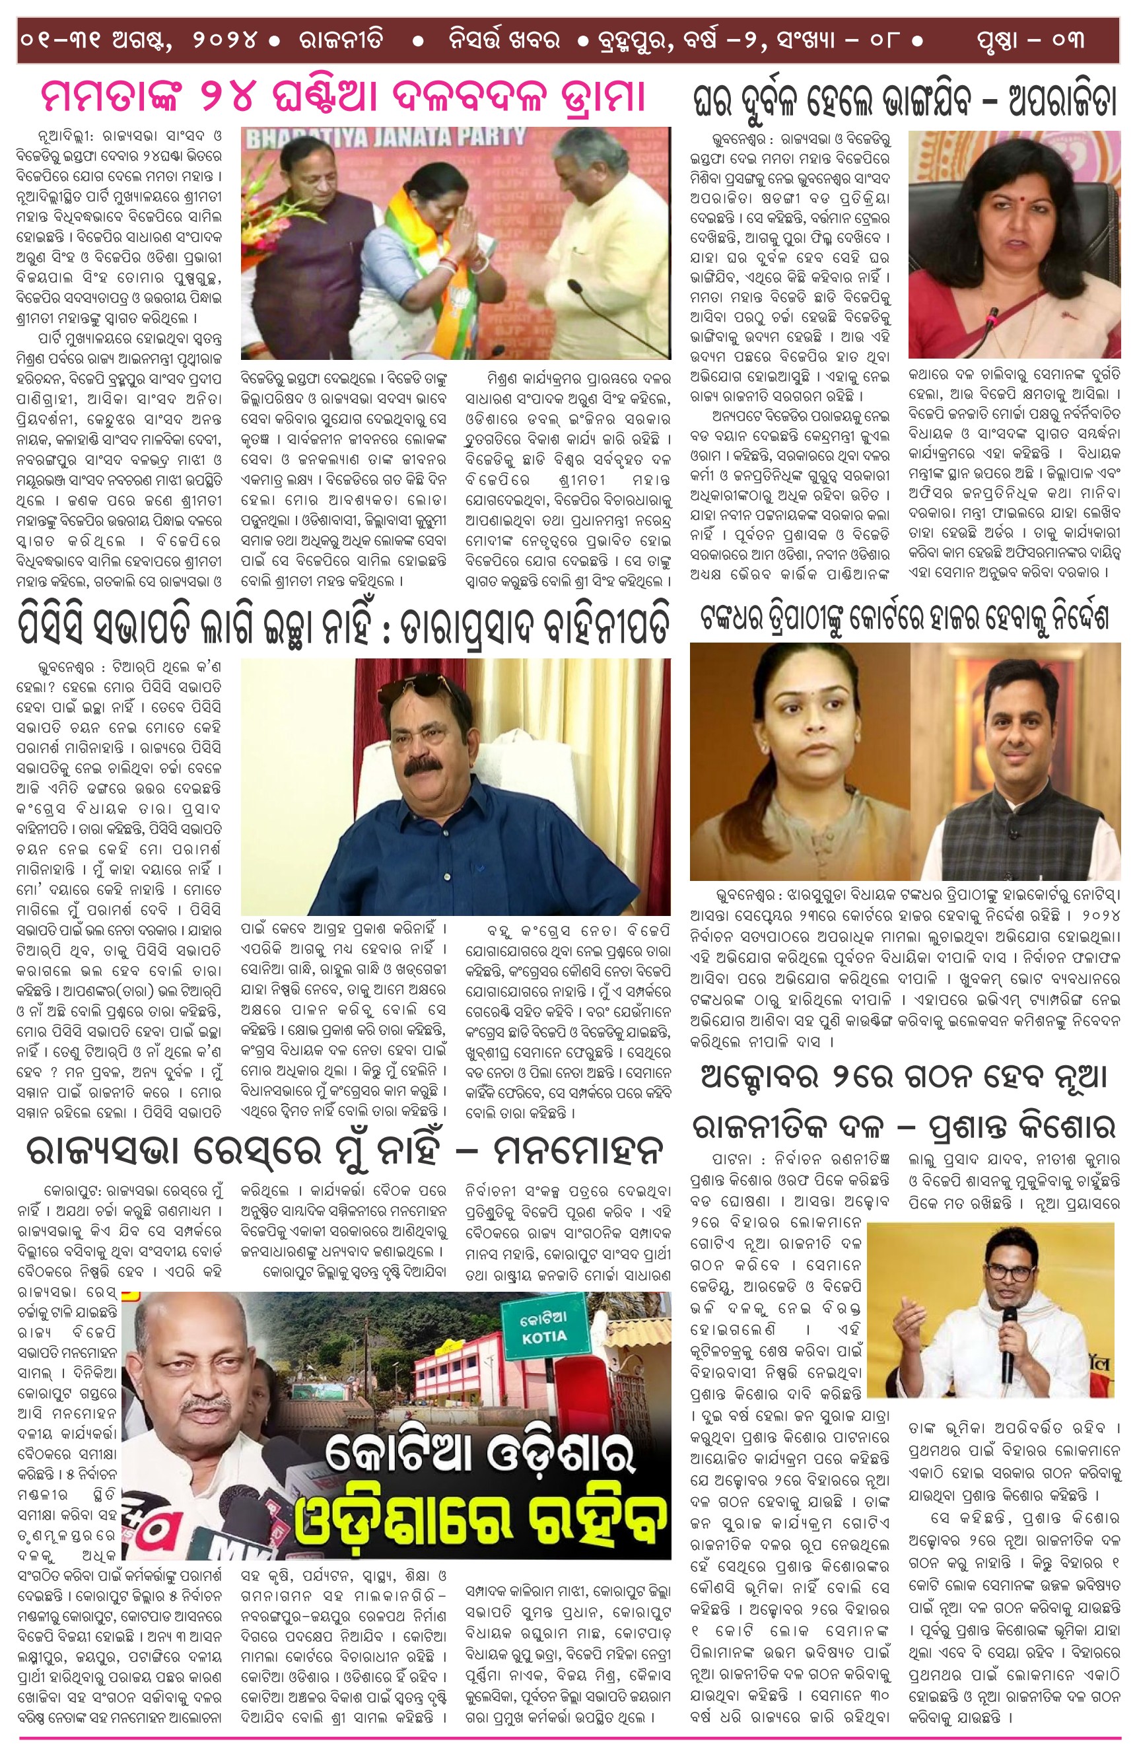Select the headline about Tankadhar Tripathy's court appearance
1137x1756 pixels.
point(904,618)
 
